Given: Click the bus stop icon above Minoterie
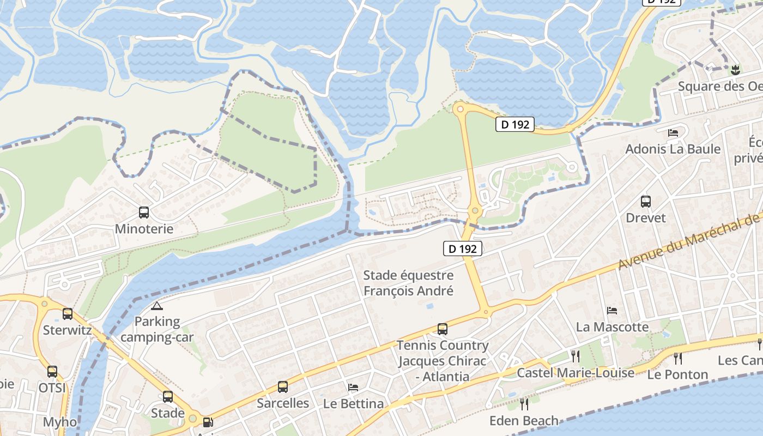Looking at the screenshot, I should [144, 213].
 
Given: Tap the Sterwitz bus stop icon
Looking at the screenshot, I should [68, 314].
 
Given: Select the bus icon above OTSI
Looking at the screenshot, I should [52, 372].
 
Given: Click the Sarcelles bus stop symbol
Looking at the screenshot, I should [282, 387].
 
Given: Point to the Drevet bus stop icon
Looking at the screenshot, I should [646, 202].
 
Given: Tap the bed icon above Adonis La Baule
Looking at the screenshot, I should [673, 132].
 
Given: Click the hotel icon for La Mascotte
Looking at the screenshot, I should [612, 311].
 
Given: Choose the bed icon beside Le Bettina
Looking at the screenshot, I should [353, 387].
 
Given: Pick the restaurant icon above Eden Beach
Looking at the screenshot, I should [524, 404].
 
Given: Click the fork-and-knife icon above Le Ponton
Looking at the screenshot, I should [677, 358].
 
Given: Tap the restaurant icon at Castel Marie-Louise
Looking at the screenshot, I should [575, 356].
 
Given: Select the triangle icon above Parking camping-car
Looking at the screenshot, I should [156, 306].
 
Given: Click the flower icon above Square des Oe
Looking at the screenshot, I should [735, 69].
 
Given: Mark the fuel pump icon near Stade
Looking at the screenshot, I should [208, 422].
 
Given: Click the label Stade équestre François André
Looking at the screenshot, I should [408, 283].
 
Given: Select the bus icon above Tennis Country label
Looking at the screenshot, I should [442, 329].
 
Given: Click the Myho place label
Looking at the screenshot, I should [59, 422].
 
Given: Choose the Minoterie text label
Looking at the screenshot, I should [144, 229].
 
